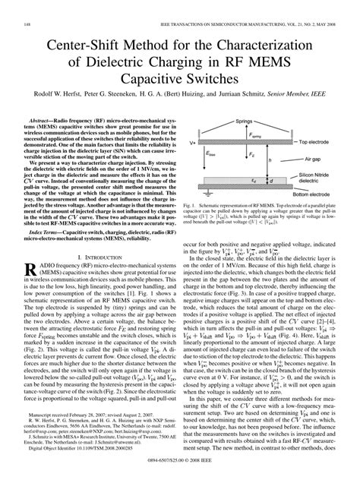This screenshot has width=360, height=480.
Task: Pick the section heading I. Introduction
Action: tap(90, 279)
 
